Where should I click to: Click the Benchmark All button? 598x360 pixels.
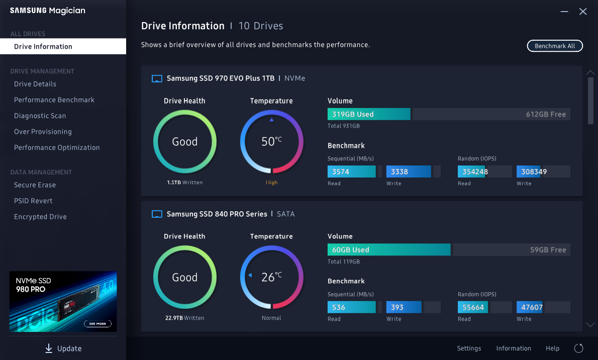click(x=555, y=46)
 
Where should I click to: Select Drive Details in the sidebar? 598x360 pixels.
click(x=35, y=84)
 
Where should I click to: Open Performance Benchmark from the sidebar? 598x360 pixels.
click(x=54, y=100)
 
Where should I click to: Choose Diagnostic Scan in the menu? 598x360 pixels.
click(x=40, y=116)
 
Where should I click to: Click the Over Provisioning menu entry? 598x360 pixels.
click(x=43, y=132)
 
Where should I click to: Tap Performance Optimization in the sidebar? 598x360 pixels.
click(x=57, y=148)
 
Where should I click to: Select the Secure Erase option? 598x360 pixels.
click(x=35, y=185)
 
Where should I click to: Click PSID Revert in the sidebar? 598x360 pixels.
click(x=33, y=201)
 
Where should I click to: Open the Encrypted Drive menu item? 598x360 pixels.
click(x=40, y=217)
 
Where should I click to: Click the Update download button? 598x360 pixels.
click(x=63, y=348)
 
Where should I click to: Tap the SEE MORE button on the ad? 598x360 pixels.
click(x=97, y=324)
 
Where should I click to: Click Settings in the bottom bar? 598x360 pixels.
click(x=469, y=348)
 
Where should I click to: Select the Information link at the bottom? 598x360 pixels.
click(x=514, y=348)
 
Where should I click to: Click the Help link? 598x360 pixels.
click(x=552, y=348)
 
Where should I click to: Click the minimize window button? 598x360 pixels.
click(x=564, y=12)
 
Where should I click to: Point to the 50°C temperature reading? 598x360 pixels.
click(x=271, y=142)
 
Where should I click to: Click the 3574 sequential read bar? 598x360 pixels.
click(x=351, y=171)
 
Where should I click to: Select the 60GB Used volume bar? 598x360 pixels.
click(x=388, y=250)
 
